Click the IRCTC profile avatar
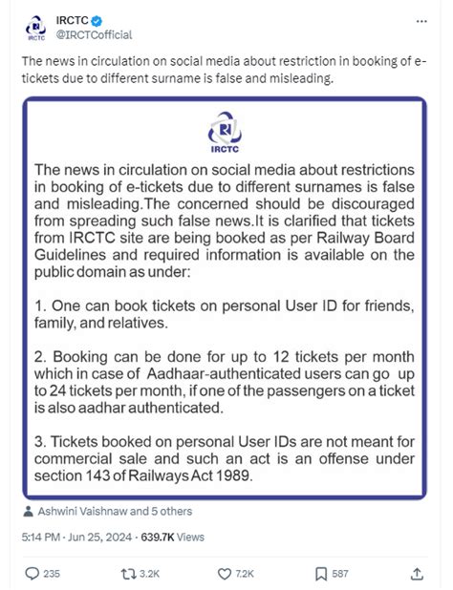point(35,29)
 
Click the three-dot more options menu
point(422,20)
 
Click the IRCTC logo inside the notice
point(226,131)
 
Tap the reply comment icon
point(32,573)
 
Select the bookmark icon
point(321,573)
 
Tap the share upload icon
point(417,573)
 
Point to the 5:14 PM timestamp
point(43,537)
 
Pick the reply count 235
point(52,574)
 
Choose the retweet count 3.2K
point(149,574)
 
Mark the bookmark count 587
point(340,574)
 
